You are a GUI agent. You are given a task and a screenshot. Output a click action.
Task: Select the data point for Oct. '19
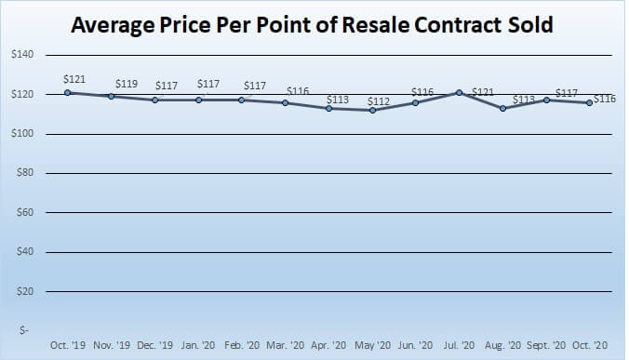pos(67,92)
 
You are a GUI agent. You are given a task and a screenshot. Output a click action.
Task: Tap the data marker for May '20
pos(372,110)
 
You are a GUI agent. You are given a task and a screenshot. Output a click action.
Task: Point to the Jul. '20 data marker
pos(460,92)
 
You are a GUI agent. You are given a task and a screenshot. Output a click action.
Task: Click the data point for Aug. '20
pos(503,108)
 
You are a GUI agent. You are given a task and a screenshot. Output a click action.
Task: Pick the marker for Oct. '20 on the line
pos(590,102)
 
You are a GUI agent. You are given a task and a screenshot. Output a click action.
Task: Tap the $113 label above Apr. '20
pos(336,97)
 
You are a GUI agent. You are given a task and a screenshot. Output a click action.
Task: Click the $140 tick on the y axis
pos(22,55)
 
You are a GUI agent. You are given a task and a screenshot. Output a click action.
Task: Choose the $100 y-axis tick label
pos(22,134)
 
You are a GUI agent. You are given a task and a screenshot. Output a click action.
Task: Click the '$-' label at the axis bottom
pos(28,331)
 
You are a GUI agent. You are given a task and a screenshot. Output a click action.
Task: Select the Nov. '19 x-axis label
pos(111,344)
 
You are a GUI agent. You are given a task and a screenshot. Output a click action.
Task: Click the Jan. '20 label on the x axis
pos(198,344)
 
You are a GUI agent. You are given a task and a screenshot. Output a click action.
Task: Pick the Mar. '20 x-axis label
pos(285,344)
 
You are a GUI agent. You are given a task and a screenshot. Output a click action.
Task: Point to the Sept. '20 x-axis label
pos(546,344)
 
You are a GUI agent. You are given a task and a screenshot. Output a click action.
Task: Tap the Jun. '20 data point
pos(416,102)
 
